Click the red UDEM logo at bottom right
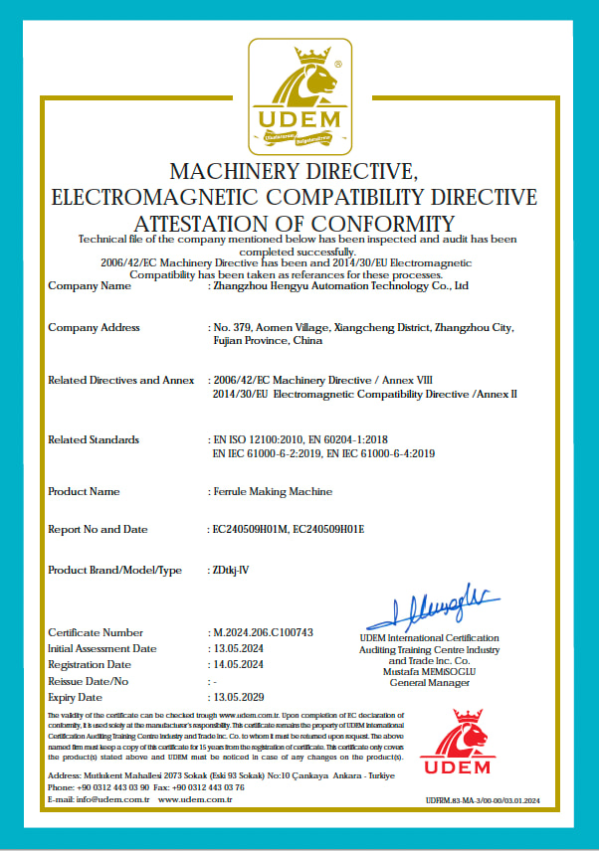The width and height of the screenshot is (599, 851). (455, 743)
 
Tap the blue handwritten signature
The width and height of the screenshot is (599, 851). (429, 608)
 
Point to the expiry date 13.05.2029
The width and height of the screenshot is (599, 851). (241, 697)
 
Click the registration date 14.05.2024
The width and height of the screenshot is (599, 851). (241, 664)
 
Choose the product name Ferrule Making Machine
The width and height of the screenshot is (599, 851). (273, 491)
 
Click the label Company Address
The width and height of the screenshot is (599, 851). (94, 327)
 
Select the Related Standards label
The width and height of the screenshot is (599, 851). (94, 439)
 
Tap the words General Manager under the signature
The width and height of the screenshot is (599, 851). (429, 682)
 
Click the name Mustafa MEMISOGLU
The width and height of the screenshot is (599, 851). (429, 671)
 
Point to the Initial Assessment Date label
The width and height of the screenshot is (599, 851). (102, 648)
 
